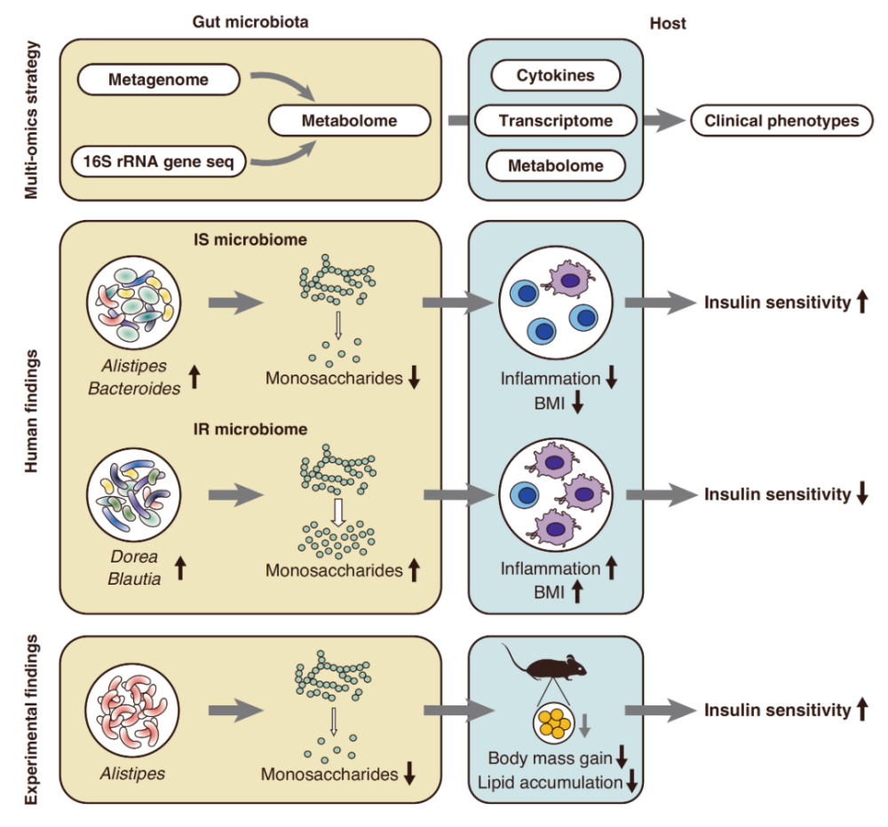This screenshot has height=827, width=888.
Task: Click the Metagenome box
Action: click(159, 80)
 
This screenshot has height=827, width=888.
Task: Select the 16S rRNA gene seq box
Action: click(159, 161)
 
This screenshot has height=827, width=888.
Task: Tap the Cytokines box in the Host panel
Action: click(555, 75)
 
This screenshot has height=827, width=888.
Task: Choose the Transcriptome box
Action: click(555, 121)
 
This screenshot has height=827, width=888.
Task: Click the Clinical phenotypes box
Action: click(781, 121)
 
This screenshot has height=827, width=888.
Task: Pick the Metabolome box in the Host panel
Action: click(555, 165)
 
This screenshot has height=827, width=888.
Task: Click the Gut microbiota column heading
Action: click(250, 23)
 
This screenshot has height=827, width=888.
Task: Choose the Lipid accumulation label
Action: click(548, 782)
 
